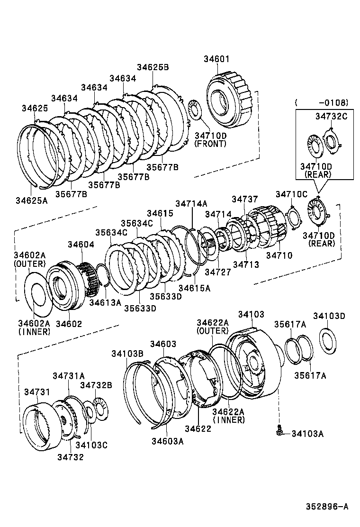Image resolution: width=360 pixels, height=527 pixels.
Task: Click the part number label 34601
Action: click(216, 59)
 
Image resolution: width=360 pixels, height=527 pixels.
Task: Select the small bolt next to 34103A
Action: click(280, 431)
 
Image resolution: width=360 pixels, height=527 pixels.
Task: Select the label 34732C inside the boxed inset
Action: click(332, 116)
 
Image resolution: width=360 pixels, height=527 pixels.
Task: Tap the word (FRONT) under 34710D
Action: click(210, 144)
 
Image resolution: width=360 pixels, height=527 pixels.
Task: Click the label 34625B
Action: click(153, 67)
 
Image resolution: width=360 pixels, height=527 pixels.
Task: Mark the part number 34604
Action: click(81, 245)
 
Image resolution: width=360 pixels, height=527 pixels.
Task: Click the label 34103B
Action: click(127, 354)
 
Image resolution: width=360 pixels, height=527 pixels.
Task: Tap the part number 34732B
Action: click(96, 385)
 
